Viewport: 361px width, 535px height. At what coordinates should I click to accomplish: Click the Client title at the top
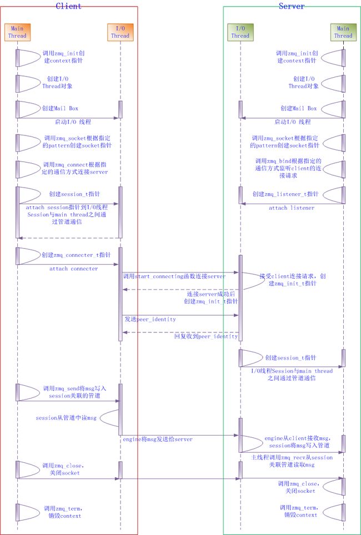68,6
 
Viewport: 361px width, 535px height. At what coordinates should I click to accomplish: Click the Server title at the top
292,6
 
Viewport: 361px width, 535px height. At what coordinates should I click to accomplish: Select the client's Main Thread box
17,32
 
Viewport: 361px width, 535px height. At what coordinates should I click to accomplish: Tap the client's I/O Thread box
119,32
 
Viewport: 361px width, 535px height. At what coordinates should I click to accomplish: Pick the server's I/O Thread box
240,32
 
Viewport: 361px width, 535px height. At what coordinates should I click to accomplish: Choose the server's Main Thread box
343,32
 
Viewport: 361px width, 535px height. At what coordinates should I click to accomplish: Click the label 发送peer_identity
150,320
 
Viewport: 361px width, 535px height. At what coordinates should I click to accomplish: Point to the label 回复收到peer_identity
205,336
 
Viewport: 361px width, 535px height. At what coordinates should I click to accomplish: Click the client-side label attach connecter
73,269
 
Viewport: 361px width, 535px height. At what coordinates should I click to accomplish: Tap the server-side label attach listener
292,208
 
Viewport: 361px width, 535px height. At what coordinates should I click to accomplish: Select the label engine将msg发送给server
158,439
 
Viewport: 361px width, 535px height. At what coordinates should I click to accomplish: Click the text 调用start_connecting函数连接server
174,276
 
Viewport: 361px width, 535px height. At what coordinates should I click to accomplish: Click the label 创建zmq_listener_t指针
285,194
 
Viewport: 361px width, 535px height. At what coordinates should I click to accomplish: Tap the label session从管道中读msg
66,418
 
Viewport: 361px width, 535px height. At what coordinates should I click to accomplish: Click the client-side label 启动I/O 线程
73,122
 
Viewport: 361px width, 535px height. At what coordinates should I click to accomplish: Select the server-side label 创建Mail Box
298,108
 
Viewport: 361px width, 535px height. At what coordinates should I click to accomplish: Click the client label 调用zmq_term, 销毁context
62,512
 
